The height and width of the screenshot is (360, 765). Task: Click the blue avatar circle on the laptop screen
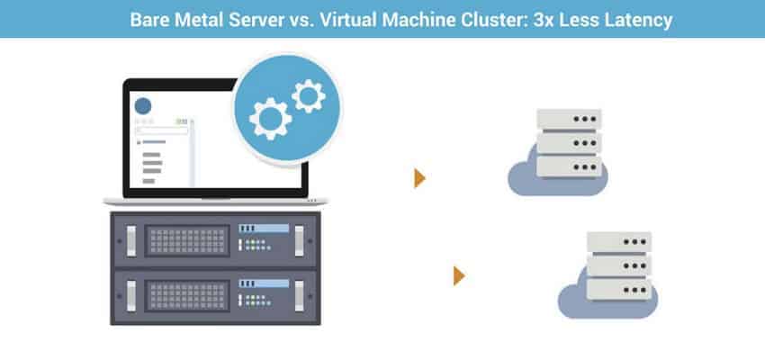pyautogui.click(x=143, y=105)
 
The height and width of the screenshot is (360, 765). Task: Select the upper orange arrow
pyautogui.click(x=419, y=177)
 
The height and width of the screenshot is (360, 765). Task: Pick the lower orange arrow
pyautogui.click(x=459, y=275)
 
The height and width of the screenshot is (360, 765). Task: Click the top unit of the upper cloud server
pyautogui.click(x=568, y=119)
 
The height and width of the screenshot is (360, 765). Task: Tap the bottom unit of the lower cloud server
pyautogui.click(x=618, y=290)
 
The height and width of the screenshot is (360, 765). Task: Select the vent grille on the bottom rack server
pyautogui.click(x=184, y=294)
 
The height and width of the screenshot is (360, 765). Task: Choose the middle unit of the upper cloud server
pyautogui.click(x=568, y=142)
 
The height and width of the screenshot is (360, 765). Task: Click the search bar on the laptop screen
pyautogui.click(x=162, y=130)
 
